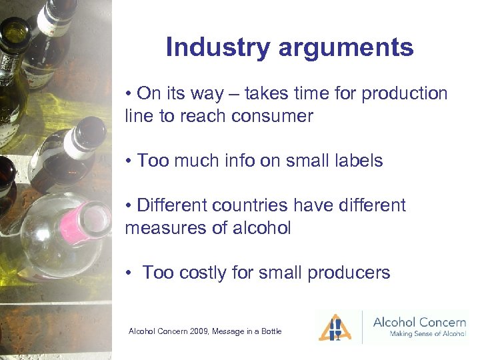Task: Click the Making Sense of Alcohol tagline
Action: pos(419,334)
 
